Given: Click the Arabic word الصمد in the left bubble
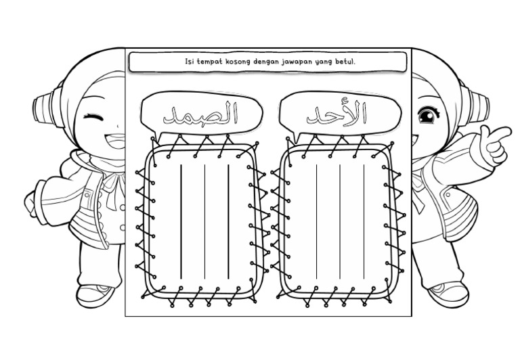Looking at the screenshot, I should click(x=202, y=114).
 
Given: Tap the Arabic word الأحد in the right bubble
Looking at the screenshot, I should click(x=337, y=114).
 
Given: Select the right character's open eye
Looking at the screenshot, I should click(x=427, y=117).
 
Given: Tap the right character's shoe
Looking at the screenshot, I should click(x=448, y=293).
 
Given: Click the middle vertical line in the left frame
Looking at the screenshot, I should click(x=204, y=220).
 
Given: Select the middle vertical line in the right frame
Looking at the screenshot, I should click(x=340, y=220).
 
